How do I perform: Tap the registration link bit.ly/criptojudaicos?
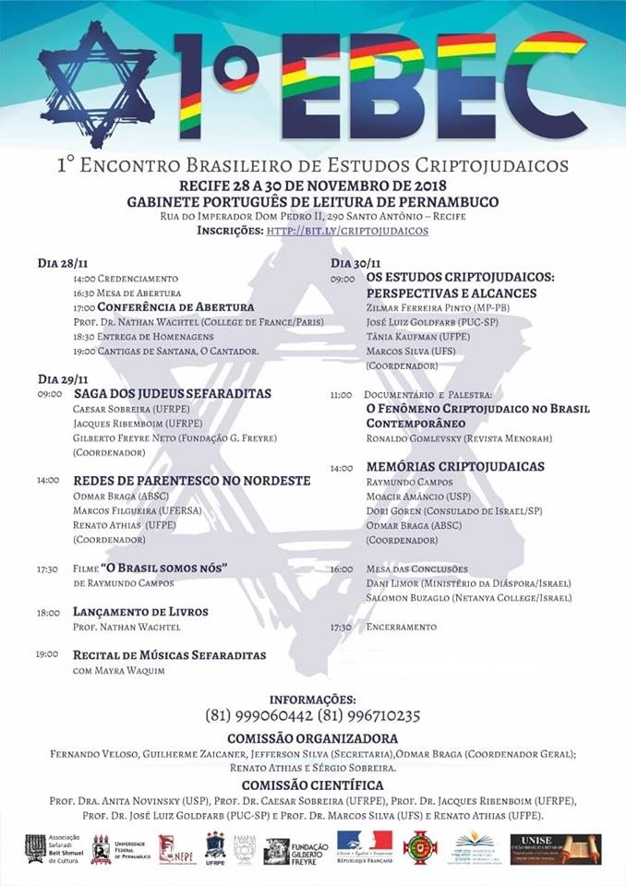click(x=347, y=230)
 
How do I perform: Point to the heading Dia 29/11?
click(x=62, y=378)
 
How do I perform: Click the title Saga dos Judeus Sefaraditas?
click(x=173, y=393)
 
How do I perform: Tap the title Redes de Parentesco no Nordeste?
click(x=192, y=481)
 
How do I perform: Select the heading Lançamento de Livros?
click(x=140, y=612)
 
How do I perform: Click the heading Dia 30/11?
click(x=355, y=263)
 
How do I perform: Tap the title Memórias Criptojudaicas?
click(x=455, y=467)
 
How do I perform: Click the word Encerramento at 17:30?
click(x=401, y=627)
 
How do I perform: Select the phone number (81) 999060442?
click(x=259, y=715)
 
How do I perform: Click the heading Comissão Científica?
click(x=313, y=785)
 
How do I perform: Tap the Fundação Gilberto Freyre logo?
click(x=290, y=850)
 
